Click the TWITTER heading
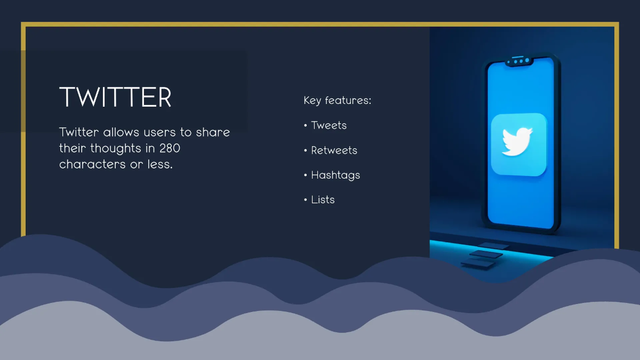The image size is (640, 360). [x=115, y=97]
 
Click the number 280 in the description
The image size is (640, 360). [x=170, y=148]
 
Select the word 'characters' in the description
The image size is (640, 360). [x=92, y=164]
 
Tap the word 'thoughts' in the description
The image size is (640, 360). [x=116, y=148]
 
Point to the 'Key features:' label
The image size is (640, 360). [x=338, y=100]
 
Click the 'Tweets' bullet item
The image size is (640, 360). [x=329, y=125]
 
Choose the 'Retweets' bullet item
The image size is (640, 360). [x=334, y=150]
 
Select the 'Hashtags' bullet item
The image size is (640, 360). [x=335, y=175]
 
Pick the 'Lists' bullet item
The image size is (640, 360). [x=323, y=199]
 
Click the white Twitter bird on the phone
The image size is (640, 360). [x=517, y=142]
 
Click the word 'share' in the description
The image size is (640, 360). [x=213, y=132]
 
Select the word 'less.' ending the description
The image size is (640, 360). [x=160, y=164]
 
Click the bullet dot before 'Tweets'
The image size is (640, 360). [x=306, y=125]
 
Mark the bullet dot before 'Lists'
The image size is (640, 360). [x=306, y=199]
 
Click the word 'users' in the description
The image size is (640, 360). [x=159, y=133]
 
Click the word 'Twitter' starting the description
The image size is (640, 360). [x=79, y=132]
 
